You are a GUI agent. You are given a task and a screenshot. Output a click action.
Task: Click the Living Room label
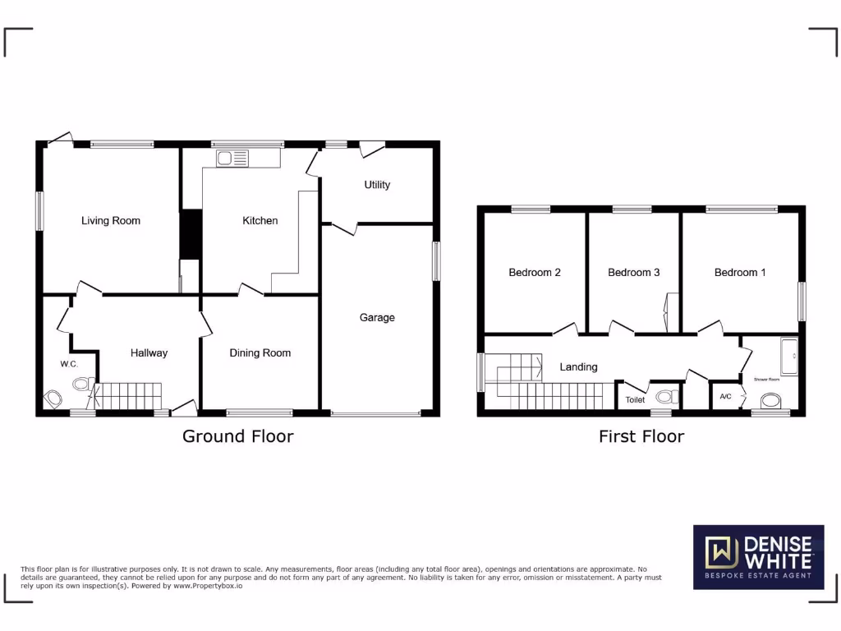coord(110,220)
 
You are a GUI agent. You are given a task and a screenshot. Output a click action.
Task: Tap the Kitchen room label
coord(260,220)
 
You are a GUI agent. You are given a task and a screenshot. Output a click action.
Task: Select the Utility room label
coord(377,185)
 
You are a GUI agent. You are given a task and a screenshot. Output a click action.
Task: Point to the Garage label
coord(377,317)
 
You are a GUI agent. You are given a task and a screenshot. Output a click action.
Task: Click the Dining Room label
coord(260,353)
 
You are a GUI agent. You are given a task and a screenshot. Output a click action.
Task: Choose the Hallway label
coord(149,353)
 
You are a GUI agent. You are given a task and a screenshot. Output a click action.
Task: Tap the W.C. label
coord(68,364)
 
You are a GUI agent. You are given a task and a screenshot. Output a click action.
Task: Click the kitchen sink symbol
coord(232,158)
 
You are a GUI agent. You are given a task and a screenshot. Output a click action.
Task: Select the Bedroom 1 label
coord(739,272)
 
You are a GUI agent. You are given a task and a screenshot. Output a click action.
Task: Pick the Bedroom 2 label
coord(535,272)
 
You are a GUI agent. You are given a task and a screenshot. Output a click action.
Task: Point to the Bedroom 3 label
coord(633,272)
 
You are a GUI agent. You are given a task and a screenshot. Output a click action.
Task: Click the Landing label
coord(578,367)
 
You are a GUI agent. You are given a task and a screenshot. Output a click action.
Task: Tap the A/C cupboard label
coord(725,397)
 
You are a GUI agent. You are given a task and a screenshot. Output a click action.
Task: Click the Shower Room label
coord(767,380)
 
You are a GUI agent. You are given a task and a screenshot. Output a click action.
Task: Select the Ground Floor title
coord(237,436)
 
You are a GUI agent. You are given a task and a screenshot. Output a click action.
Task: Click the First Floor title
coord(641,436)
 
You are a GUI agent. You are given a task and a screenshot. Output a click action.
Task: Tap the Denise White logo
coord(758,558)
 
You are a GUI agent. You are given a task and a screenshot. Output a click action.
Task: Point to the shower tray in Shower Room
coord(789,354)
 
